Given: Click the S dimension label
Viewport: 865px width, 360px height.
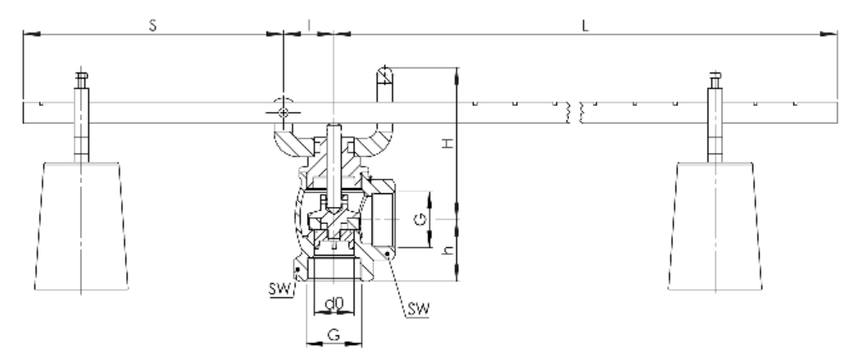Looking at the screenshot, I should click(x=152, y=26).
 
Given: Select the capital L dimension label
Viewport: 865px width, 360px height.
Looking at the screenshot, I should click(x=585, y=26).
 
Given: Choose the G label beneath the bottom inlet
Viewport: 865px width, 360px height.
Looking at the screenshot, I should click(x=334, y=336).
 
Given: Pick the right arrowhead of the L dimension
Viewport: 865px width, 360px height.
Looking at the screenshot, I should click(x=831, y=34).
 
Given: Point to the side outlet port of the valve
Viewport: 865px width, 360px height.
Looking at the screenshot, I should click(x=382, y=219).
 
